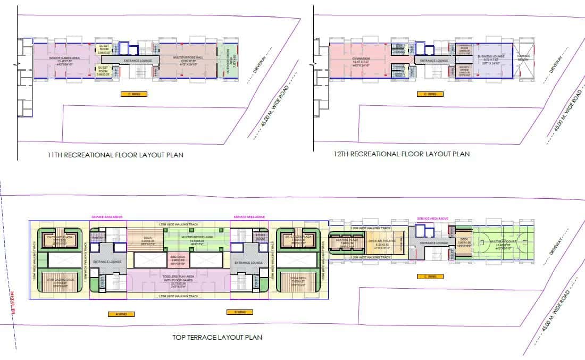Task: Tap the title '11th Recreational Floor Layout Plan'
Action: [115, 155]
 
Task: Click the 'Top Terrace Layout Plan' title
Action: [217, 337]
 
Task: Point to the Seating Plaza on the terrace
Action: [346, 242]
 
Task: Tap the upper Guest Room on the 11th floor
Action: [103, 48]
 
